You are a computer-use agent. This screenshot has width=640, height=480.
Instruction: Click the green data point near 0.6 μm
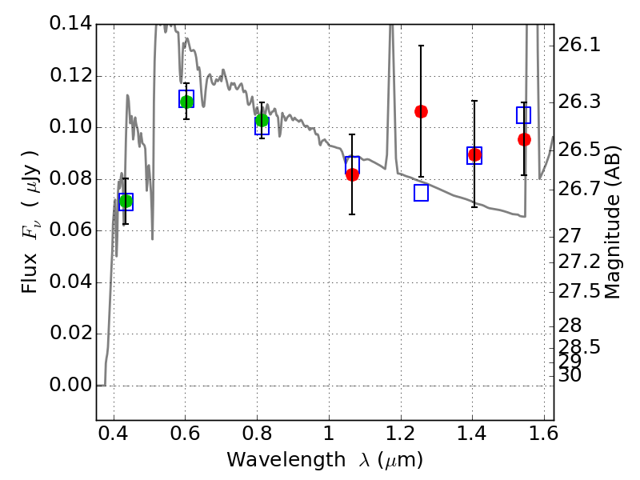(186, 102)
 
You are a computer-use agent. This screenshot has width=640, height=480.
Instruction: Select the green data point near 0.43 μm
(125, 201)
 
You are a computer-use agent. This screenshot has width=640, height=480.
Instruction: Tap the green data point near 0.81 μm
(262, 121)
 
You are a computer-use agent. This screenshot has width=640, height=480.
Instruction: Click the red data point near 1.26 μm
(421, 111)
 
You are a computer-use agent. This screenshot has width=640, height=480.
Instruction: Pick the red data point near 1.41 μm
(474, 154)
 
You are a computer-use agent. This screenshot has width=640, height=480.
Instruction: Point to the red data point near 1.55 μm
(524, 139)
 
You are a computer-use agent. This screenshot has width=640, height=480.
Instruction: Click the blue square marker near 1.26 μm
(422, 193)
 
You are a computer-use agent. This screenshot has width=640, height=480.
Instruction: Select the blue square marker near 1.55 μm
(524, 115)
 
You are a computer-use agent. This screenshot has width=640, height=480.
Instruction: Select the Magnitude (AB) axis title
(613, 222)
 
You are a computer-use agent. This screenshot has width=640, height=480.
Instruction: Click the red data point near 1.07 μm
(352, 174)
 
